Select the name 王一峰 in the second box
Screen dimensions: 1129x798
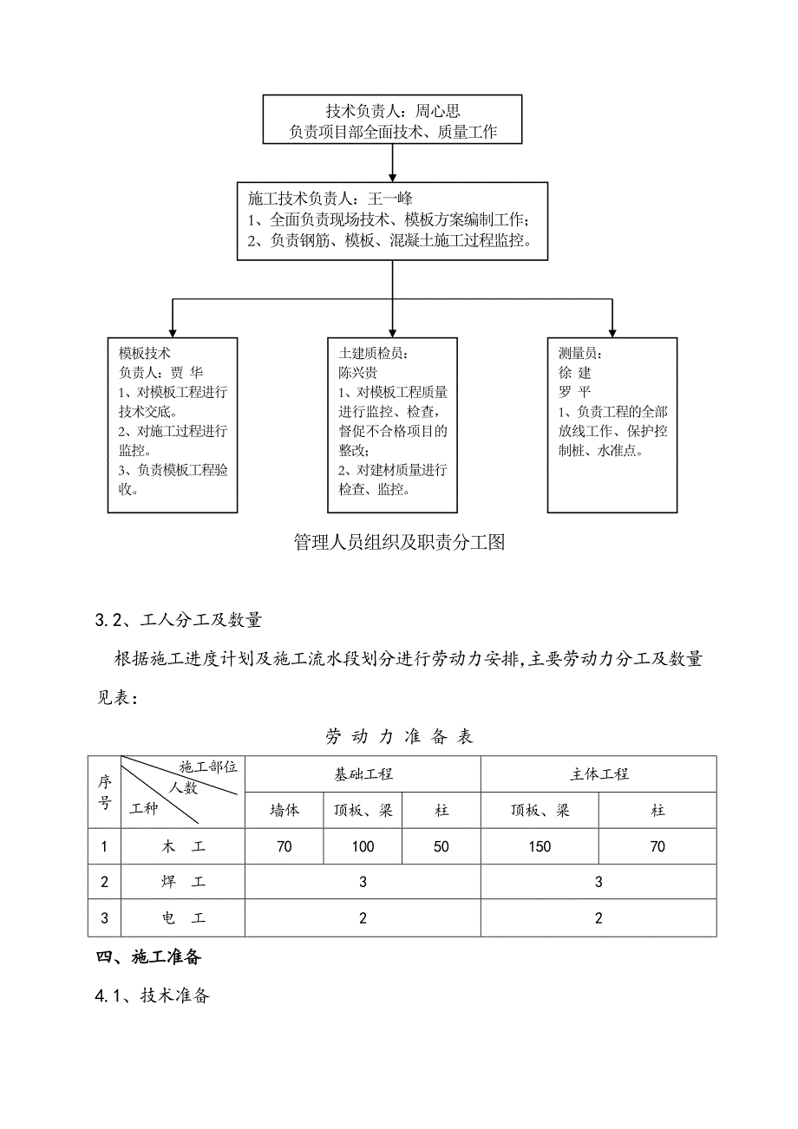tap(390, 199)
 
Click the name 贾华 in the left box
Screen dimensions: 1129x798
tap(186, 373)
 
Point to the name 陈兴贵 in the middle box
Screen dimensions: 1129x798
tap(358, 373)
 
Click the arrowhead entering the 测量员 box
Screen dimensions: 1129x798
tap(612, 330)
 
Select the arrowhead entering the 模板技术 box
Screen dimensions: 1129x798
tap(173, 330)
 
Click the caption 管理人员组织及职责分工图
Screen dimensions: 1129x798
tap(399, 543)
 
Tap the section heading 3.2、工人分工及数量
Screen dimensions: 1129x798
tap(179, 621)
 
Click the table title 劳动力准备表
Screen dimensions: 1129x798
tap(399, 737)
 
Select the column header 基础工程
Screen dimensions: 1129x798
tap(363, 773)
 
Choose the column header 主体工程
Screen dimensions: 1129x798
tap(598, 773)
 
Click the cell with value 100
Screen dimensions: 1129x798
tap(363, 846)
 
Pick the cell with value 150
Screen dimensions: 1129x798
tap(540, 846)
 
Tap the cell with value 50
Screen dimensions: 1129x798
tap(442, 846)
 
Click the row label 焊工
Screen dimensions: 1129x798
tap(183, 882)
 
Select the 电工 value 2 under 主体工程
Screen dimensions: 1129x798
tap(598, 918)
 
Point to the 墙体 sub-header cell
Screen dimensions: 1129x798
tap(285, 810)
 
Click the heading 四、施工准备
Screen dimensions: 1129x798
tap(148, 958)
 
